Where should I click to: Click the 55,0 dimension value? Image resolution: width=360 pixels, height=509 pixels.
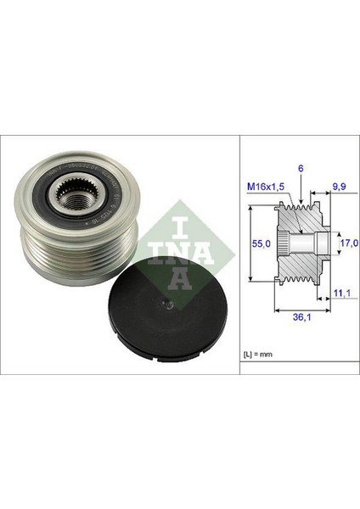[x=263, y=243]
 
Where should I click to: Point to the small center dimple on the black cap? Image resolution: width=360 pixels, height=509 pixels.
[x=168, y=304]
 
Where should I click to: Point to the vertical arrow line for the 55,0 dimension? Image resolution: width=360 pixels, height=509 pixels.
[x=253, y=243]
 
